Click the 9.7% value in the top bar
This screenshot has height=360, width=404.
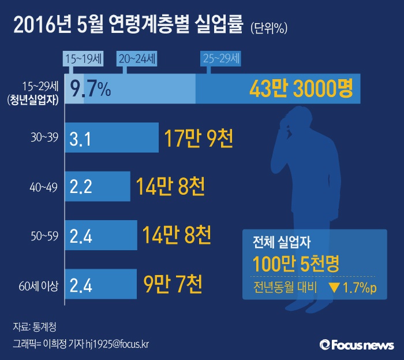[x=90, y=88]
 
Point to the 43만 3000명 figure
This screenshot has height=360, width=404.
[x=300, y=88]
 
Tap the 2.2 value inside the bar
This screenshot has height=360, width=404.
[x=81, y=187]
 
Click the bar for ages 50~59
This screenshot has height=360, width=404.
[x=100, y=236]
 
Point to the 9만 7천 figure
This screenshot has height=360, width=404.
[x=173, y=284]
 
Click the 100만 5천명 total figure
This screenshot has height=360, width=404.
[x=295, y=263]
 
